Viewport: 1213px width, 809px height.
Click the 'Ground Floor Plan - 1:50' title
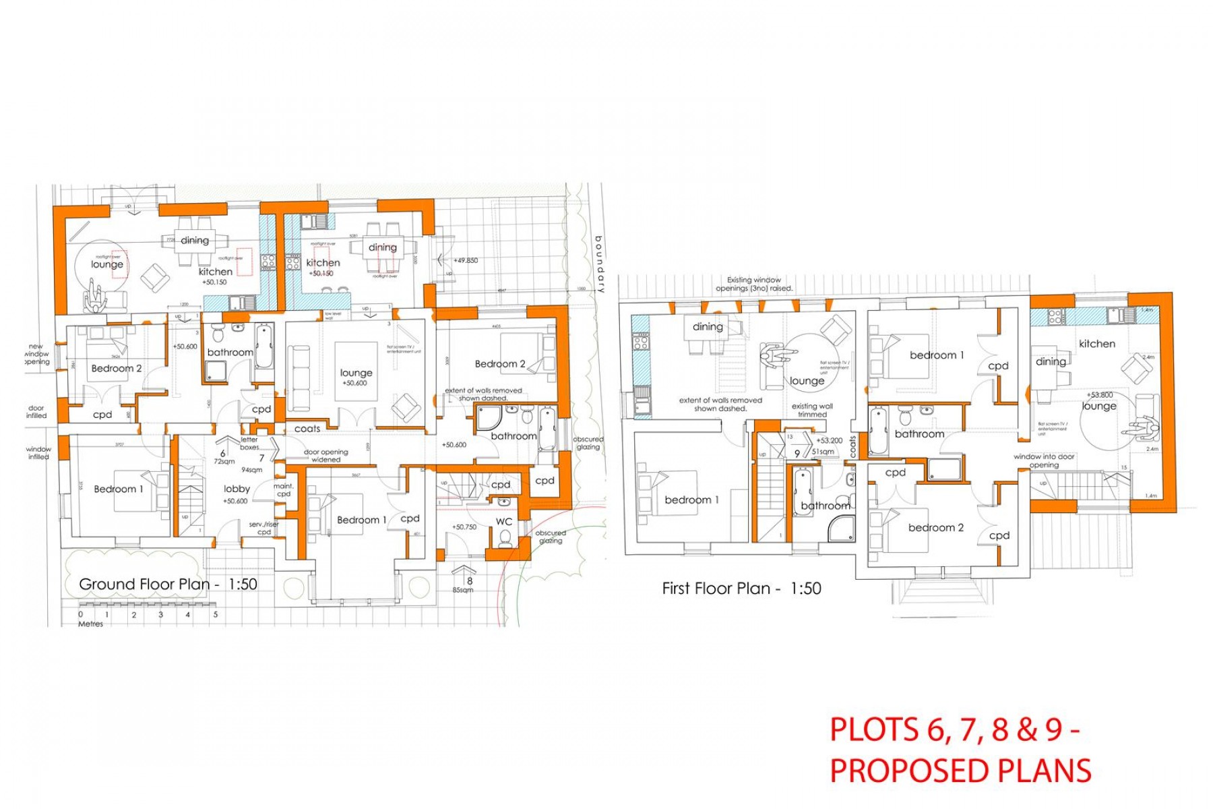pos(168,585)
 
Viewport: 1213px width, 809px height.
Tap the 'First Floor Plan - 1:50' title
pos(741,589)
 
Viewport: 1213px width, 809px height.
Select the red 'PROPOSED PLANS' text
pos(960,771)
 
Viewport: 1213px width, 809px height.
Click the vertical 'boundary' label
pos(599,264)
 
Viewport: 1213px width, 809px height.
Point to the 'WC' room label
pos(504,522)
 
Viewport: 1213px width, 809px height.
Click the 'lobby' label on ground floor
pos(237,489)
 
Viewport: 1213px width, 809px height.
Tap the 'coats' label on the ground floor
pos(307,429)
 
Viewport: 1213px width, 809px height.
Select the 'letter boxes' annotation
pos(249,443)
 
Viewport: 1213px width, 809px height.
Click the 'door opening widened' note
pos(326,456)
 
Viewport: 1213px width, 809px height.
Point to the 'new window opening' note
pos(36,354)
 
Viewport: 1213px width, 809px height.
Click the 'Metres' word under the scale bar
pos(91,624)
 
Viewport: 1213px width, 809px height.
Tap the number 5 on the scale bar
pos(216,615)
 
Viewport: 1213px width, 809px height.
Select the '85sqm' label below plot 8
pos(463,590)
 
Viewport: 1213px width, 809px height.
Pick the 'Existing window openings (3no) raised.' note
pos(754,284)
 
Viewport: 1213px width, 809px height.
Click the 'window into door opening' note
pos(1045,460)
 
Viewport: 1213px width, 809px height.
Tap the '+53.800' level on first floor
pos(1099,395)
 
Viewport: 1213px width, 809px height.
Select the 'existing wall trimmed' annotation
pos(812,410)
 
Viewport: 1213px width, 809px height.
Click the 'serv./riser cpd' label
pos(264,528)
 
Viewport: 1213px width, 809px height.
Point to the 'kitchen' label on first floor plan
pos(1096,344)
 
